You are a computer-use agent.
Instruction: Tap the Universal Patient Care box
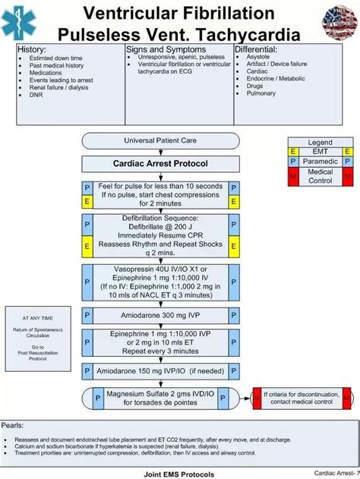[159, 141]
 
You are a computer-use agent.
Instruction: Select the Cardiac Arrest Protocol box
[161, 163]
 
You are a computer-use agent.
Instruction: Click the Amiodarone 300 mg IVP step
[161, 315]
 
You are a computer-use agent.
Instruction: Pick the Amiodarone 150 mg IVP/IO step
[161, 372]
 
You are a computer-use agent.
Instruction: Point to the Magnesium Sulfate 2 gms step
[161, 399]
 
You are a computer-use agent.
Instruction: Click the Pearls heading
[17, 425]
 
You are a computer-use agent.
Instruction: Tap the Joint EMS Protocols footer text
[179, 474]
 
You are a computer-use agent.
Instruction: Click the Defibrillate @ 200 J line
[161, 226]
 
